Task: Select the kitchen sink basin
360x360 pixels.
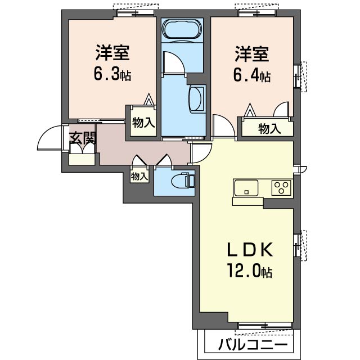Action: (x=246, y=187)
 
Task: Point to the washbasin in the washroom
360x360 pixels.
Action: (x=197, y=100)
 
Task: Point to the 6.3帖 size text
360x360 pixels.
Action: (x=112, y=74)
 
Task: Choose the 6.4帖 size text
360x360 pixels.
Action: (x=252, y=74)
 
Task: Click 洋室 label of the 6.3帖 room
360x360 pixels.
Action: (x=112, y=54)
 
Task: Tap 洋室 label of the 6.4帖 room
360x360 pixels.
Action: (x=251, y=55)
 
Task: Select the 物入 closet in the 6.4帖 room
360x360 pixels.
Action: (x=268, y=128)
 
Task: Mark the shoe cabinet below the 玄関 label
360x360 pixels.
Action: (x=82, y=157)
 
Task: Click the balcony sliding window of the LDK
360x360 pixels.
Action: (x=265, y=325)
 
